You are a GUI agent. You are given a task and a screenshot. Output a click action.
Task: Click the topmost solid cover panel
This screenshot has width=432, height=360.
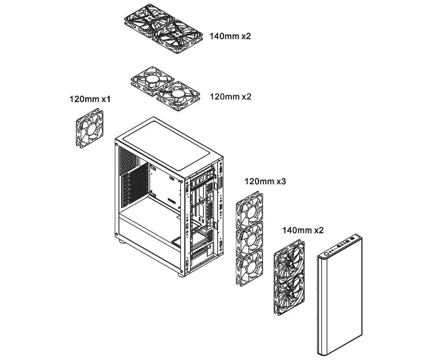tap(164, 28)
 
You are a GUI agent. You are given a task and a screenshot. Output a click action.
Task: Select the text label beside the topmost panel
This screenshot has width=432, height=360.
tap(230, 36)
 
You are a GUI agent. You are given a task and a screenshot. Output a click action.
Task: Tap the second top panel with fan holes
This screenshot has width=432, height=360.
tap(166, 89)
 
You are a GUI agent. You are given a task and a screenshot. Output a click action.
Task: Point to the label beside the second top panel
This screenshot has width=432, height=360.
tap(231, 96)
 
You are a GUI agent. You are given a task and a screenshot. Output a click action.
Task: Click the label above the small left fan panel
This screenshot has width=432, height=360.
tap(90, 99)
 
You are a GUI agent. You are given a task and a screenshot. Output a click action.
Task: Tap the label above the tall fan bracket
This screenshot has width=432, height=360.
tap(266, 182)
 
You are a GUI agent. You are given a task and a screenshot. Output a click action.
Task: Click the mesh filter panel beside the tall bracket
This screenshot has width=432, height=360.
tap(289, 277)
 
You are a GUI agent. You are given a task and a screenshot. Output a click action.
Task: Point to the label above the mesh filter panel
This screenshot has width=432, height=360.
tap(303, 231)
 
